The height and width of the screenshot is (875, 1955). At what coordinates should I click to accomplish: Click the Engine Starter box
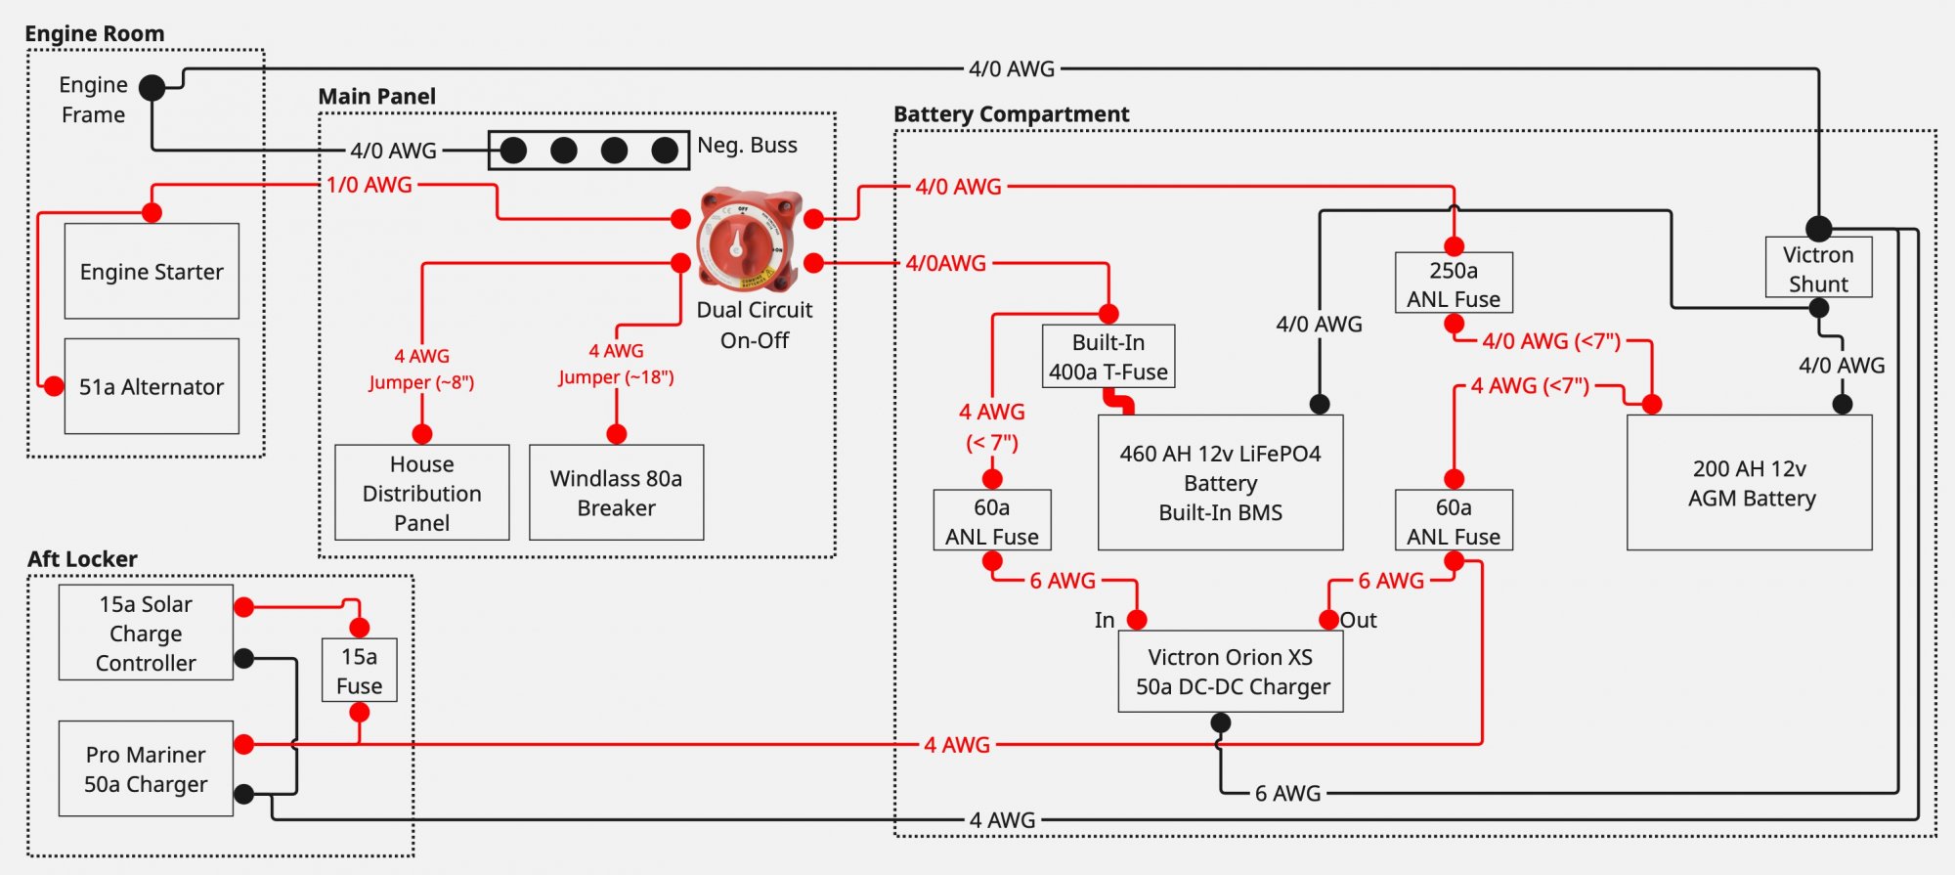tap(152, 271)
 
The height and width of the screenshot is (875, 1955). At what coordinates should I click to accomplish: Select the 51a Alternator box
tap(152, 386)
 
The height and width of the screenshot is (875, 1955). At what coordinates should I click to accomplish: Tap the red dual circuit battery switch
tap(748, 241)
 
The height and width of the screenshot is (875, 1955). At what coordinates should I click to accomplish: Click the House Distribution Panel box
tap(422, 493)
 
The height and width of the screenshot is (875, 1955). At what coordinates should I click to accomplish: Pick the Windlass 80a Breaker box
tap(616, 493)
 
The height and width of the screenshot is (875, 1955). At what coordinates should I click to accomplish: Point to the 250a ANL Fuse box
tap(1454, 284)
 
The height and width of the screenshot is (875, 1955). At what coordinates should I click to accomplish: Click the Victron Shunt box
tap(1818, 268)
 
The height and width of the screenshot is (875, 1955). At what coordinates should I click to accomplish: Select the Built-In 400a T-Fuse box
tap(1108, 357)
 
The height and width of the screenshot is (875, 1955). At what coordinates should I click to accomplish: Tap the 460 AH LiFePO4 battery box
tap(1220, 483)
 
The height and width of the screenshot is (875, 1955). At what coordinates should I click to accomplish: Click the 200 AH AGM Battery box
tap(1750, 483)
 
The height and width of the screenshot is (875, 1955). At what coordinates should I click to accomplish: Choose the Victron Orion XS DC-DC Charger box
tap(1231, 672)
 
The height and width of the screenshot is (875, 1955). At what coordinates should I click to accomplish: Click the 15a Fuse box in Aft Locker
tap(360, 671)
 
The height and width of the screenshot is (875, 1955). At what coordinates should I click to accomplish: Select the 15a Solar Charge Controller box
tap(146, 633)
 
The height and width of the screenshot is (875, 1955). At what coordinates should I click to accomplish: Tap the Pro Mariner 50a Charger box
tap(146, 768)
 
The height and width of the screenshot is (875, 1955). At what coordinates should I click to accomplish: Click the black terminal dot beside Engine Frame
tap(152, 88)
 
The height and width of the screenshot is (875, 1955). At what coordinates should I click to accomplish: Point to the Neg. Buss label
tap(747, 145)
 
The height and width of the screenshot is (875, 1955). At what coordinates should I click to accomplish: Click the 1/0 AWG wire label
tap(369, 185)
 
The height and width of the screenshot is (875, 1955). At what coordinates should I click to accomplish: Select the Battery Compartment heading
tap(1011, 114)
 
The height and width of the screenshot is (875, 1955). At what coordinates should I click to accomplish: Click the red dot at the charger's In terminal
tap(1137, 620)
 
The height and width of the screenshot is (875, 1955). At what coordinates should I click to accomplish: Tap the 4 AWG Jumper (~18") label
tap(616, 364)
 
